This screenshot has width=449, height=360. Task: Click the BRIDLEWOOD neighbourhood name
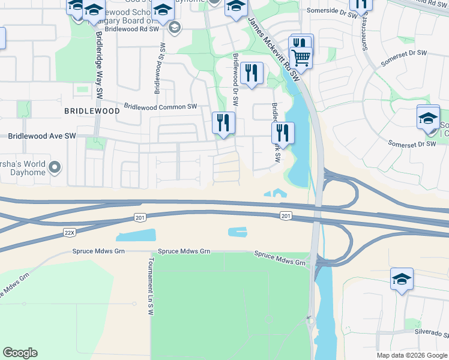click(92, 112)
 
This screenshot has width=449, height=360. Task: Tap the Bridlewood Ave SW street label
click(41, 136)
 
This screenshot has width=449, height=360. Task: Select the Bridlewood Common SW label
click(160, 107)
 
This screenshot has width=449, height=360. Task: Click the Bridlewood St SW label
click(160, 68)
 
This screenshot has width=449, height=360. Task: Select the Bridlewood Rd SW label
click(131, 28)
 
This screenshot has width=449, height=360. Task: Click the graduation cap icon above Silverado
click(402, 278)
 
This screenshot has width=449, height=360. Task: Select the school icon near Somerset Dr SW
click(428, 117)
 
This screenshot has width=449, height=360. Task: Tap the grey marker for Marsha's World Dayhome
click(55, 167)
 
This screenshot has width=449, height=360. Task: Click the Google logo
click(20, 353)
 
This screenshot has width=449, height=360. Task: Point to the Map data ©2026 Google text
click(412, 355)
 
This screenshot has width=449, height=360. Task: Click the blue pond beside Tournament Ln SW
click(136, 235)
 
